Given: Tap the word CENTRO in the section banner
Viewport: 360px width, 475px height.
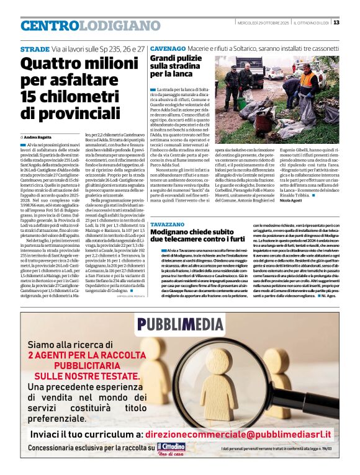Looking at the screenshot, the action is pyautogui.click(x=50, y=25).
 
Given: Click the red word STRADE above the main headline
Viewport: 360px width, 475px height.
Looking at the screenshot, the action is pyautogui.click(x=35, y=48).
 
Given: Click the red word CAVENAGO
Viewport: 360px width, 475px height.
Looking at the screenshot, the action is pyautogui.click(x=168, y=48).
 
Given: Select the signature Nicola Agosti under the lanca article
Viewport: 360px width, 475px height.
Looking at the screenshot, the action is pyautogui.click(x=309, y=200).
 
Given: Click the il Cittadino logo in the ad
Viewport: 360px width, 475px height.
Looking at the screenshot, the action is pyautogui.click(x=171, y=448).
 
